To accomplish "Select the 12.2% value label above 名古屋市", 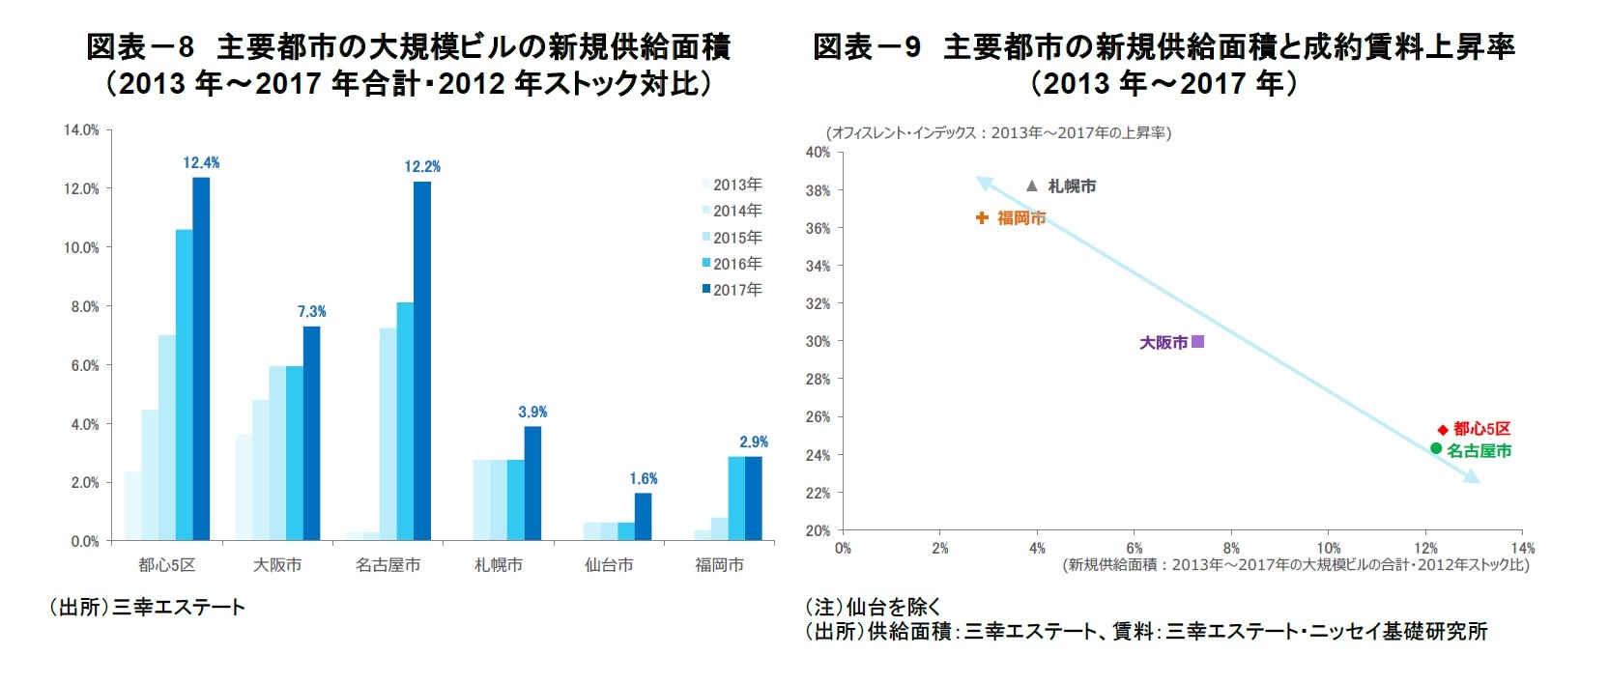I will click(422, 167).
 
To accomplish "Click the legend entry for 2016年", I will click(732, 264).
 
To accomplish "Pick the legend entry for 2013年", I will click(732, 185).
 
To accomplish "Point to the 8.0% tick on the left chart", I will click(83, 307).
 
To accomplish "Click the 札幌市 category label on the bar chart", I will click(499, 565).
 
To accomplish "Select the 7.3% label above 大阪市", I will click(311, 312).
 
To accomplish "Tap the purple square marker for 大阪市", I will click(1198, 341).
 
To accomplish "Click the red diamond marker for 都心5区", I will click(1443, 429).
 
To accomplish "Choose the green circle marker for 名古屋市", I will click(1436, 448).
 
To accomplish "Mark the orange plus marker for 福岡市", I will click(982, 218).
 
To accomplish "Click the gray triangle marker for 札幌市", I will click(1032, 185).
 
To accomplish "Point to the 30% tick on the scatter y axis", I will click(818, 341).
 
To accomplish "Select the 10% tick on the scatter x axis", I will click(1329, 549).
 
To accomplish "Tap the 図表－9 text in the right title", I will click(866, 46).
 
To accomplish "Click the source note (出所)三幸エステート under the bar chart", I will click(147, 608).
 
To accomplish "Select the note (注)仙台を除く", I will click(874, 608).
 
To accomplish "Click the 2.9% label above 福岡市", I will click(754, 442).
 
